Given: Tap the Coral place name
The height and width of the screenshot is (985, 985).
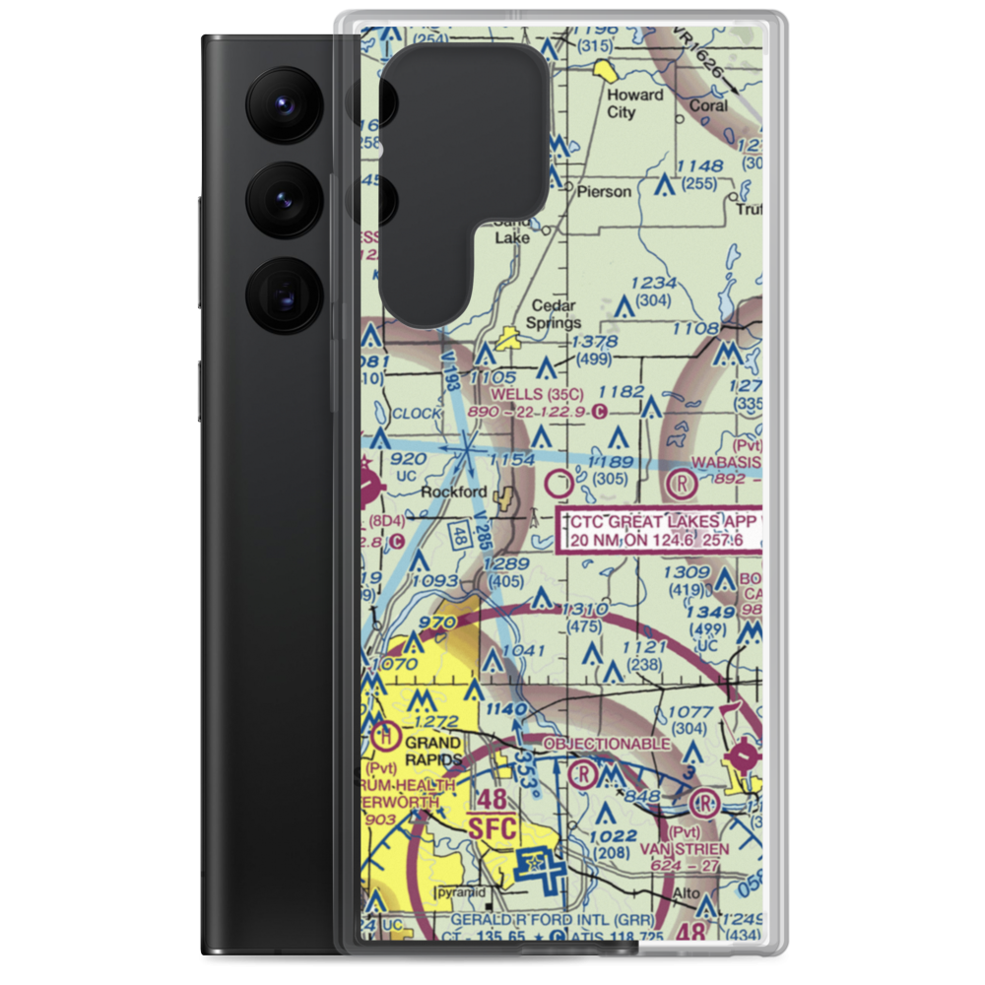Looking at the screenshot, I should click(x=708, y=105).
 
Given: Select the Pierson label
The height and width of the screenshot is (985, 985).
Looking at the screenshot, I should click(x=604, y=191).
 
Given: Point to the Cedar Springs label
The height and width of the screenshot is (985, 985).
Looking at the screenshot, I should click(x=555, y=314).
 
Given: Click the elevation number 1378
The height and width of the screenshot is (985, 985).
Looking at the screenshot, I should click(x=594, y=342).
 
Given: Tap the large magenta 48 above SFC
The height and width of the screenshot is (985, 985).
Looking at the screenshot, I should click(x=492, y=798).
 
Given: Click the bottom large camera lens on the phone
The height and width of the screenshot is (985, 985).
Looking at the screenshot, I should click(x=284, y=295).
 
